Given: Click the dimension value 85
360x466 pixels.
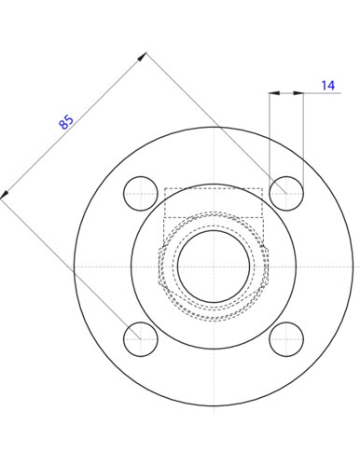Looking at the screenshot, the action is (x=66, y=122).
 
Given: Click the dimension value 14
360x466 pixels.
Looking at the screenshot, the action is (x=328, y=86).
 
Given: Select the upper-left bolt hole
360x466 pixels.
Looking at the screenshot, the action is (x=141, y=194).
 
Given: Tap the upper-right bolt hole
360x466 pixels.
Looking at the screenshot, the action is (x=286, y=194).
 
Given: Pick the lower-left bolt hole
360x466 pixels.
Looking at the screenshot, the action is (x=141, y=339).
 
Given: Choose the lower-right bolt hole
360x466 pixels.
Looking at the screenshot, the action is (x=286, y=339).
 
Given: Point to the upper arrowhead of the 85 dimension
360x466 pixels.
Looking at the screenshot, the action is (x=143, y=57).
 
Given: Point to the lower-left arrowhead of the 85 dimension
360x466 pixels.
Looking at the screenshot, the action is (x=5, y=195).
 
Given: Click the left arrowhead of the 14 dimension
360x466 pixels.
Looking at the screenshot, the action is (x=274, y=93).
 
